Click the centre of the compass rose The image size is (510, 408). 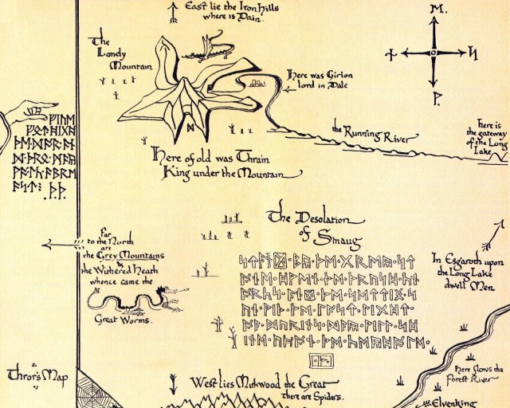[x=433, y=53]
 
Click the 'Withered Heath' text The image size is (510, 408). [x=128, y=269]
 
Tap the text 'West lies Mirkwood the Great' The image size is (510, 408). [x=246, y=382]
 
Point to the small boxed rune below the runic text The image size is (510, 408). [x=322, y=360]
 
